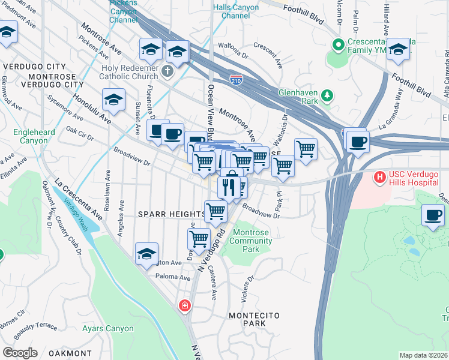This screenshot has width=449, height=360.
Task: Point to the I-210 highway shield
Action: pyautogui.click(x=237, y=79)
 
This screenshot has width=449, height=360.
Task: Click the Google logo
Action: pyautogui.click(x=20, y=353)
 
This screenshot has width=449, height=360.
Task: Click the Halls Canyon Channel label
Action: pyautogui.click(x=236, y=11)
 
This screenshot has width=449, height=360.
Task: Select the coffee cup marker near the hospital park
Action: pyautogui.click(x=433, y=215)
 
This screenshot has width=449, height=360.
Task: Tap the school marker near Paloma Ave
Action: pyautogui.click(x=146, y=254)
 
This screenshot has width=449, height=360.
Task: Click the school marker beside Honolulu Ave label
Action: pyautogui.click(x=113, y=100)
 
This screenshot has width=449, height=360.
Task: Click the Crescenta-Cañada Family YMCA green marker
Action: pyautogui.click(x=339, y=44)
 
